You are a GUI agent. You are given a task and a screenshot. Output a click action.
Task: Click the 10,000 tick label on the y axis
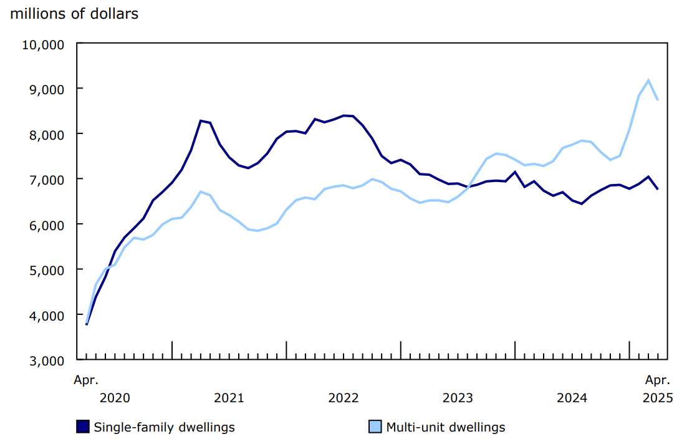[43, 44]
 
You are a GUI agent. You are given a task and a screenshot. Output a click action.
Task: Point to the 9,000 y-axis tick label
[46, 89]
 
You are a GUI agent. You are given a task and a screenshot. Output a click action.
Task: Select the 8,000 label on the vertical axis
[46, 134]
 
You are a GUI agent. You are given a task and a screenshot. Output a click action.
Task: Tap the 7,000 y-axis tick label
[46, 180]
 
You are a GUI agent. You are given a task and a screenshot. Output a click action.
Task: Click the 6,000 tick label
[46, 224]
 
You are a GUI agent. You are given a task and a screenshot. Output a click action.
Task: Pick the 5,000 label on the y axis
[46, 270]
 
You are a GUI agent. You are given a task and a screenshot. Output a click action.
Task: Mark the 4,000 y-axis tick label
[46, 315]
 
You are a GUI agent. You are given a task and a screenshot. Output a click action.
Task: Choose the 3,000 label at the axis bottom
[46, 360]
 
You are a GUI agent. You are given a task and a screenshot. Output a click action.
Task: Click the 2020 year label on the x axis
[115, 398]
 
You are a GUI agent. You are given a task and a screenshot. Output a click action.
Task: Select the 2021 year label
[229, 398]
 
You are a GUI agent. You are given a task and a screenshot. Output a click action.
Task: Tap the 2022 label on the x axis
[344, 398]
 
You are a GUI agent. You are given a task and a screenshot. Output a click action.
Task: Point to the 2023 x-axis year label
[458, 398]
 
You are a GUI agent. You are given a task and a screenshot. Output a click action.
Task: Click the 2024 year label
[572, 398]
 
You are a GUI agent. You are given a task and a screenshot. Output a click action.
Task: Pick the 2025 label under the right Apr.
[658, 398]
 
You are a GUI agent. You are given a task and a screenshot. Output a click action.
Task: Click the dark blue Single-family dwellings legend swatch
[83, 427]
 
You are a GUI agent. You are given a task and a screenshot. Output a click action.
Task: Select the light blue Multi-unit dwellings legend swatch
[375, 427]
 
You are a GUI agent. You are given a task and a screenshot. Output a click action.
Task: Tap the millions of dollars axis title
[74, 14]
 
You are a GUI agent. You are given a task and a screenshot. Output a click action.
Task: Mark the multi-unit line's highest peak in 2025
[648, 80]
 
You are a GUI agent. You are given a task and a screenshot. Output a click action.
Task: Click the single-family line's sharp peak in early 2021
[200, 120]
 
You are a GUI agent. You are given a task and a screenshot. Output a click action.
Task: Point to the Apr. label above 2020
[86, 379]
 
